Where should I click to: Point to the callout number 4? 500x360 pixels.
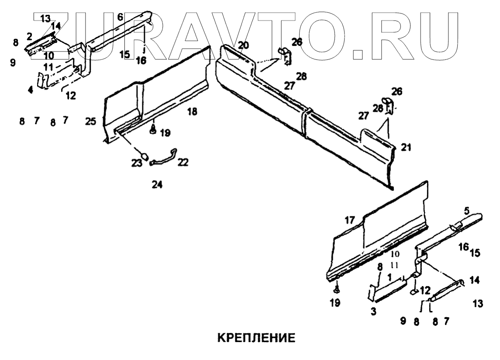(x=30, y=90)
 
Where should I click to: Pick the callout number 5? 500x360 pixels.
(x=467, y=211)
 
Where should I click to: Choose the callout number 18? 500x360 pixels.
(x=192, y=112)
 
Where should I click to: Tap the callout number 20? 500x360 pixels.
(x=243, y=45)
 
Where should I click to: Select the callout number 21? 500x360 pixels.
(x=406, y=148)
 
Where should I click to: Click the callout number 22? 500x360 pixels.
(x=183, y=163)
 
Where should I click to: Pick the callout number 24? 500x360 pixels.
(x=157, y=185)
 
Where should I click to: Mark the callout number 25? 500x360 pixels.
(x=90, y=122)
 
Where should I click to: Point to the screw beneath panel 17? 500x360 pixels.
(x=336, y=289)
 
